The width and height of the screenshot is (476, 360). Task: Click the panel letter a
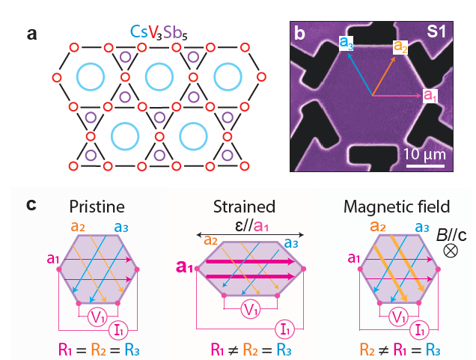tap(31, 34)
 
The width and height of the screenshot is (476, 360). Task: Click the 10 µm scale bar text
tap(425, 154)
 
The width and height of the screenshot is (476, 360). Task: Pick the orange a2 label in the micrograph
tap(401, 46)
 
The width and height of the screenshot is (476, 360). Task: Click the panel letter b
tap(299, 33)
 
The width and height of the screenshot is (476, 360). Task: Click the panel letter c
tap(31, 204)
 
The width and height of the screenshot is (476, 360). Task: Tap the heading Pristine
tap(99, 206)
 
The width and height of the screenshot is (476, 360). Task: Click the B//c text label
tap(451, 236)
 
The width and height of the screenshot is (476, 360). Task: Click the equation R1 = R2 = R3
tap(98, 348)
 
